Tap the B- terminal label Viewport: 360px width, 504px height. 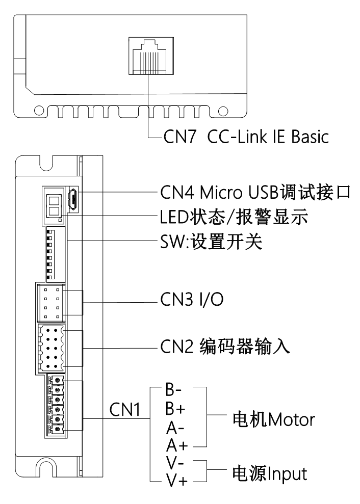tap(171, 392)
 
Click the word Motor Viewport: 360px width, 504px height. tap(290, 420)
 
